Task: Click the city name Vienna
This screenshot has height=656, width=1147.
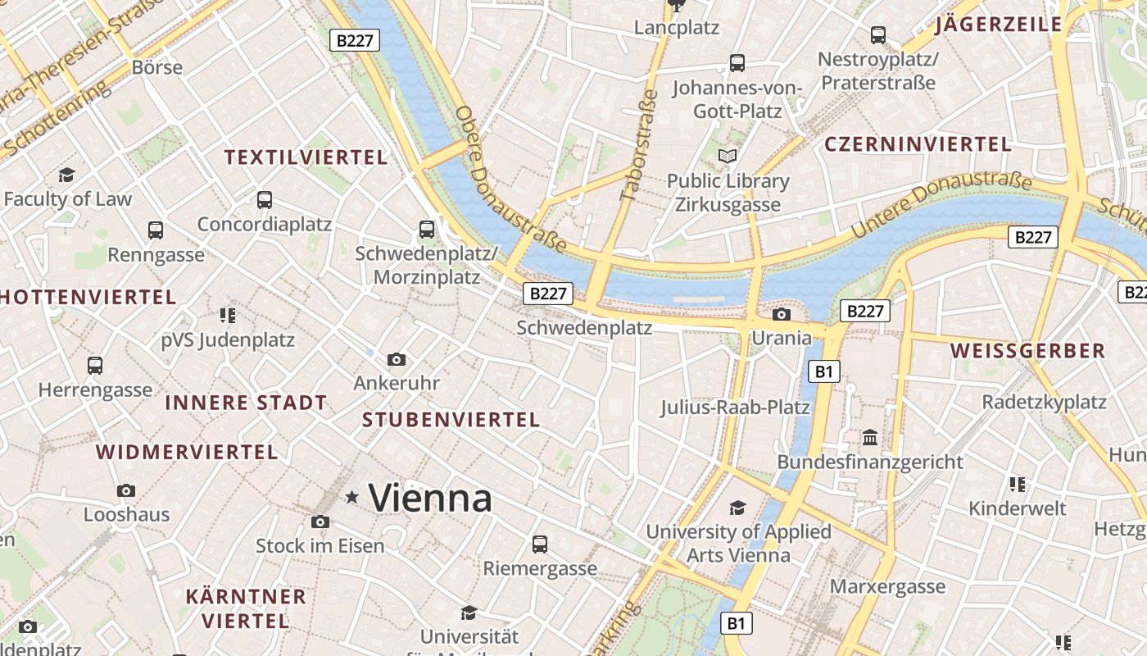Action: [x=430, y=498]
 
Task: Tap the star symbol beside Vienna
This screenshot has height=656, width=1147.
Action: [x=352, y=496]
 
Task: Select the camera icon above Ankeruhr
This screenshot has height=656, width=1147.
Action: [x=397, y=359]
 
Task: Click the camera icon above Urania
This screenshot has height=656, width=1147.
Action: [x=782, y=314]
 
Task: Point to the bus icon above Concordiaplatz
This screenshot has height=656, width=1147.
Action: [x=264, y=199]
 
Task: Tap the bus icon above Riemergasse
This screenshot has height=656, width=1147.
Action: [x=539, y=544]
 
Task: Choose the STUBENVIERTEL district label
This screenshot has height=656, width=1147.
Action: [x=451, y=420]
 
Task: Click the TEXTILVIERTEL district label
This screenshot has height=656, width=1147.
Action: [x=306, y=157]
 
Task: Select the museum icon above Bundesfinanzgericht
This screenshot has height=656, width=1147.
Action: [x=870, y=437]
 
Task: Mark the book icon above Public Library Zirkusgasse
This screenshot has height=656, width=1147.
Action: [x=727, y=156]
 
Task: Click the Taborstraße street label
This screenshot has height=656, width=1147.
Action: [x=640, y=145]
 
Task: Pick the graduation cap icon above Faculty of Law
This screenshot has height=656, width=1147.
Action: [x=66, y=175]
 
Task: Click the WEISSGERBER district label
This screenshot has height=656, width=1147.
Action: [x=1027, y=351]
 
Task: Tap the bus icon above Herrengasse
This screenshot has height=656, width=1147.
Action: [x=95, y=366]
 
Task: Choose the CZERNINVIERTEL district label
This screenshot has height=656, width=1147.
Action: [x=918, y=144]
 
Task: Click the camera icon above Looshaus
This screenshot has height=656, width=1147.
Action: [x=126, y=490]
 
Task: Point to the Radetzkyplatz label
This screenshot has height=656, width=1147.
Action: [x=1044, y=402]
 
